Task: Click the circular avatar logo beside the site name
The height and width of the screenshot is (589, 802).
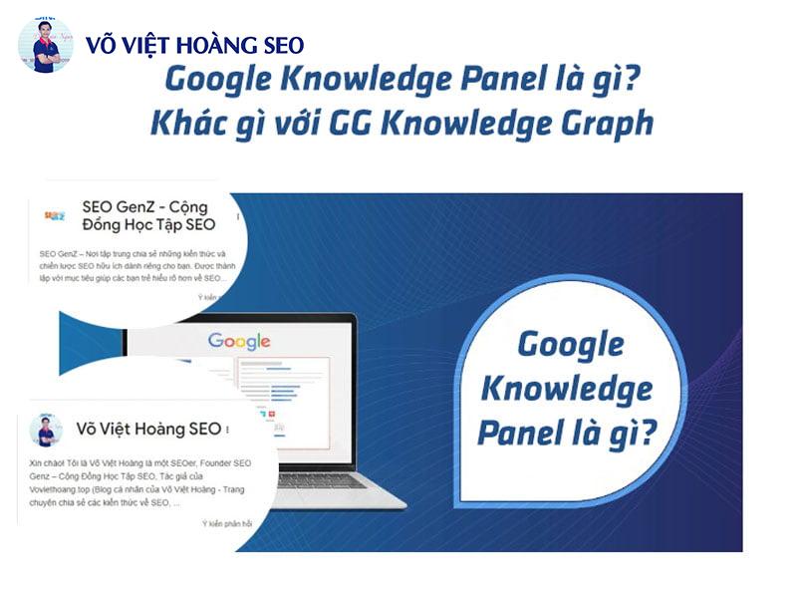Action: [45, 45]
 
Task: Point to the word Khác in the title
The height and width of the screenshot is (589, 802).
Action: [182, 123]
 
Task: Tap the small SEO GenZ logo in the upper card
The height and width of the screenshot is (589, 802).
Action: [56, 215]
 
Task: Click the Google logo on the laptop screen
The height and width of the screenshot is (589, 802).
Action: [239, 342]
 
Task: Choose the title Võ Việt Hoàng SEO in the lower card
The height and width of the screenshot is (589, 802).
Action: [148, 430]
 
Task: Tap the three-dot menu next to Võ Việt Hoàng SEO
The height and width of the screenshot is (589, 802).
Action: [228, 431]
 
